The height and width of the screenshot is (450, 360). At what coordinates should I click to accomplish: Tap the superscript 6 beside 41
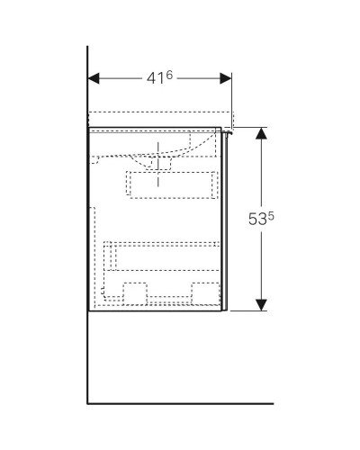click(166, 74)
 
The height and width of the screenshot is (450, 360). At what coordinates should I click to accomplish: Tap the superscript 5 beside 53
click(269, 214)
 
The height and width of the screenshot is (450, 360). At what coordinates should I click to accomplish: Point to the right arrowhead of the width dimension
click(228, 78)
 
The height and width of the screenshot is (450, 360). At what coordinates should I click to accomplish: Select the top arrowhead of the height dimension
click(262, 133)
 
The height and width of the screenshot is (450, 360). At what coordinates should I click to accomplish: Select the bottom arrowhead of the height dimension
click(262, 304)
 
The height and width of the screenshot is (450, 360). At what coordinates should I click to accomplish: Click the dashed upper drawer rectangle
click(170, 184)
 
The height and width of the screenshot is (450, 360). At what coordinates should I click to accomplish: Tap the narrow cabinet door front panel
click(225, 220)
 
